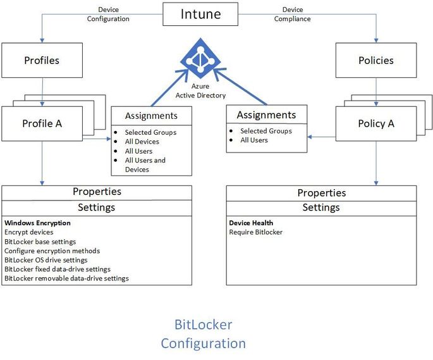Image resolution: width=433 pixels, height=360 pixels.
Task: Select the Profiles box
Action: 41,61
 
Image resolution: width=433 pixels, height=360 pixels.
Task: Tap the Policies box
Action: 375,61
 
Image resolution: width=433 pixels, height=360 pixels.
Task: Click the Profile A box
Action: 42,123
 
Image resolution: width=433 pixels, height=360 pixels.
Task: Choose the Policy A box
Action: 375,123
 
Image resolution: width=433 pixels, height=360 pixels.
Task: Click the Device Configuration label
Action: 108,14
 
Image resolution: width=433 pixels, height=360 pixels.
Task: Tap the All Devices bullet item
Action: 142,142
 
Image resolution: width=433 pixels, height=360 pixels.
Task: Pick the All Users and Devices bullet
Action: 145,164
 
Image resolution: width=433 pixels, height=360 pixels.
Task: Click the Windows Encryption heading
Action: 37,223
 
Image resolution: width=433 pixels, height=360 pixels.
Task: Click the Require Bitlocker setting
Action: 255,232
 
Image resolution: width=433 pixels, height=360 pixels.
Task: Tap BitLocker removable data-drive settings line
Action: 66,278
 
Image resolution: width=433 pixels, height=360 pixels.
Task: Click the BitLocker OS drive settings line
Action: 46,260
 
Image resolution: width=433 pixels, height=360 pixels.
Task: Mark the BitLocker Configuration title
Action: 203,334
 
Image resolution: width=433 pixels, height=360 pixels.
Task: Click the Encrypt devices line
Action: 29,232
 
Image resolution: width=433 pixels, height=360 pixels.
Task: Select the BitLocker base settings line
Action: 40,242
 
